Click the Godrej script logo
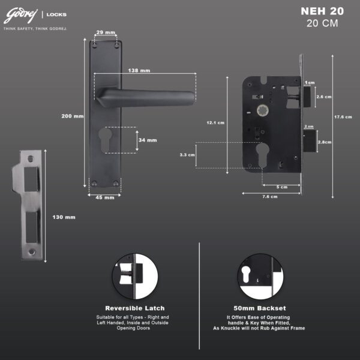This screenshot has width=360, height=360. pyautogui.click(x=20, y=16)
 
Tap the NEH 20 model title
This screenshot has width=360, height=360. pyautogui.click(x=322, y=11)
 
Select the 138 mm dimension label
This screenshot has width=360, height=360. pyautogui.click(x=139, y=70)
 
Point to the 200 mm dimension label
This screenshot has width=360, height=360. pyautogui.click(x=73, y=116)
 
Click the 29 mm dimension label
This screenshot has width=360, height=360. pyautogui.click(x=106, y=32)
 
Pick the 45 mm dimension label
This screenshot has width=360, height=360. pyautogui.click(x=105, y=197)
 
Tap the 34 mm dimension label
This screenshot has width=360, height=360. pyautogui.click(x=148, y=140)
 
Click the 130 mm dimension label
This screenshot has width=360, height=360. pyautogui.click(x=64, y=217)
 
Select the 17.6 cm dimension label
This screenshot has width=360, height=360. pyautogui.click(x=343, y=117)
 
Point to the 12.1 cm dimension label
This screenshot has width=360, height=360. pyautogui.click(x=215, y=122)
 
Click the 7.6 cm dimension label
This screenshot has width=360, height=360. pyautogui.click(x=270, y=197)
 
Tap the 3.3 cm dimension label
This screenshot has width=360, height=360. pyautogui.click(x=187, y=155)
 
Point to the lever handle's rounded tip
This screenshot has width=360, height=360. pyautogui.click(x=193, y=98)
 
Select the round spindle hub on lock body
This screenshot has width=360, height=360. pyautogui.click(x=263, y=110)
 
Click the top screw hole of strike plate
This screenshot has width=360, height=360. pyautogui.click(x=31, y=158)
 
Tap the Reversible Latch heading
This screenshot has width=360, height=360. pyautogui.click(x=135, y=308)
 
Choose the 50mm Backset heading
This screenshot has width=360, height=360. pyautogui.click(x=260, y=308)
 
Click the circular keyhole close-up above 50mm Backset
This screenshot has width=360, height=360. pyautogui.click(x=260, y=277)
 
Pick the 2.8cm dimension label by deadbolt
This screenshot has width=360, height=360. pyautogui.click(x=325, y=142)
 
